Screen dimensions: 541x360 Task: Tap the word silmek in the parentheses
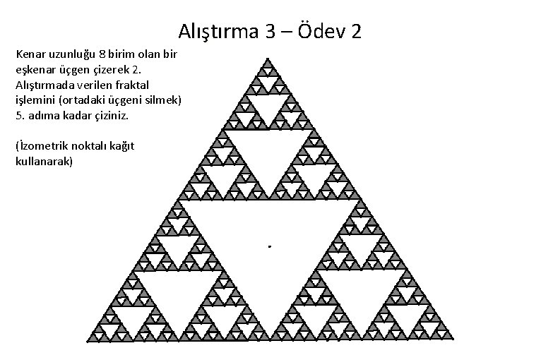coord(158,100)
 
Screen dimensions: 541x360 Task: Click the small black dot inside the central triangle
coord(269,246)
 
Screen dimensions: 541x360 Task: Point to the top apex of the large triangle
coord(268,59)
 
